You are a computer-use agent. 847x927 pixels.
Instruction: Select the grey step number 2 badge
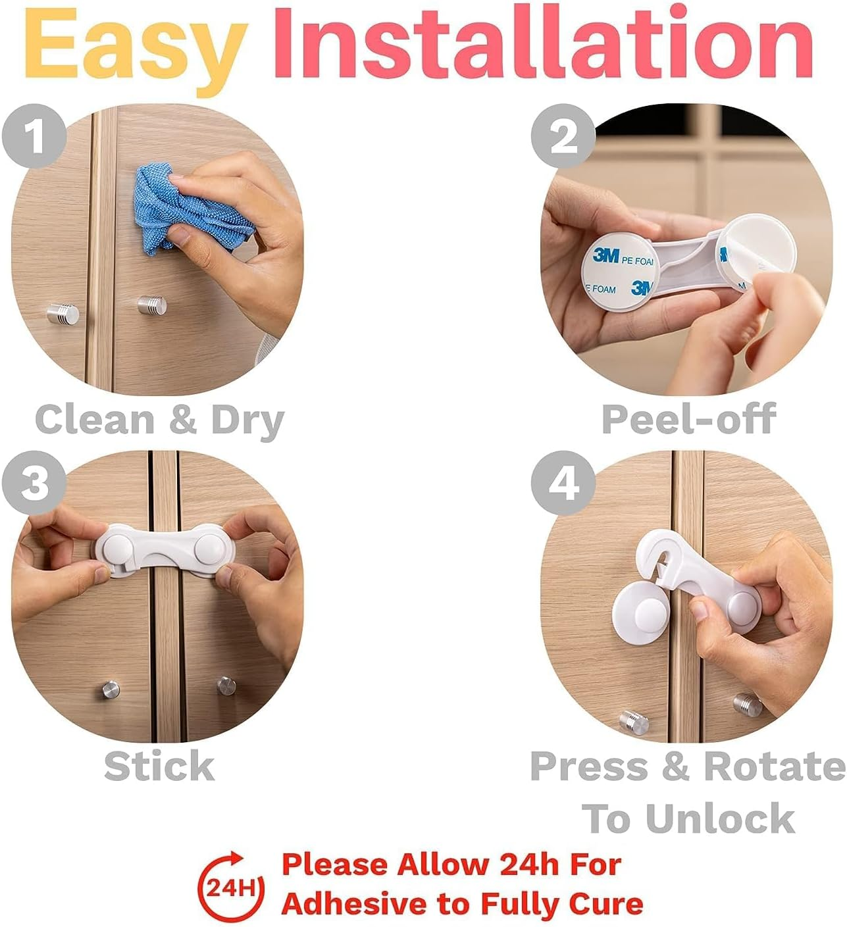[563, 137]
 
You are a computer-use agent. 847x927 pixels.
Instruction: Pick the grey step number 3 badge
[34, 484]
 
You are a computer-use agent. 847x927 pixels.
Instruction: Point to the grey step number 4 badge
[563, 484]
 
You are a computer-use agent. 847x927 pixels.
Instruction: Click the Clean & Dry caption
[159, 420]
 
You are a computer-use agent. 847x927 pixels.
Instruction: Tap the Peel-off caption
[688, 419]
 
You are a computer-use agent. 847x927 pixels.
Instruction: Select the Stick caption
[159, 766]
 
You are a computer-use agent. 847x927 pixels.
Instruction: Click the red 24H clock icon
[230, 886]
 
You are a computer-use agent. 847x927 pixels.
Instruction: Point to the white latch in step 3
[159, 550]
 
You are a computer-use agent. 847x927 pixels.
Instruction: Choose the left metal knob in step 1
[63, 313]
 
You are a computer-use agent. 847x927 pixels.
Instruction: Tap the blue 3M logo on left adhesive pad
[605, 255]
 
